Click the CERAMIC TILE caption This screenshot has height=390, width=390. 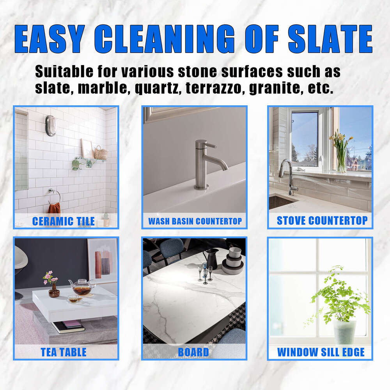[x=64, y=222]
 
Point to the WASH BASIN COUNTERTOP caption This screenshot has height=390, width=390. [x=195, y=222]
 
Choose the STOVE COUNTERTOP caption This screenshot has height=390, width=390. [x=322, y=221]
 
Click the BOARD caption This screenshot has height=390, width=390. [x=193, y=352]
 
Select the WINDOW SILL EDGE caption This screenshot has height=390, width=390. [x=321, y=352]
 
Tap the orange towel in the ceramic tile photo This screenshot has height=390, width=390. [x=54, y=208]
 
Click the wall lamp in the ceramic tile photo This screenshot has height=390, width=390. [x=51, y=126]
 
